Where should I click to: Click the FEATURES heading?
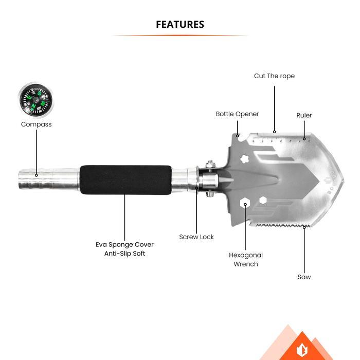coord(180,24)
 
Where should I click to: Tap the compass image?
coord(35,100)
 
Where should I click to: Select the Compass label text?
coord(37,124)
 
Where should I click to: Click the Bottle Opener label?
coord(238,114)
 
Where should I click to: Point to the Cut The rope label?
coord(274,76)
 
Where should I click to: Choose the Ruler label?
coord(304,115)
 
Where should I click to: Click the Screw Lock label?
coord(196,237)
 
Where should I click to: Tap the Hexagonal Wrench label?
coord(246,259)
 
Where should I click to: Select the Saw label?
coord(304,277)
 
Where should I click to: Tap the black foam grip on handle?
coord(125,180)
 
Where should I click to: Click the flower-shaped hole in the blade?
coord(244,158)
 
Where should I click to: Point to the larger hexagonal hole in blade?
coord(245,203)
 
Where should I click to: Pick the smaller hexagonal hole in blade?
coord(263,200)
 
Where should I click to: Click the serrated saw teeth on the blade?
coord(283,225)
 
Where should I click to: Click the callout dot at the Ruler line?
coord(304,139)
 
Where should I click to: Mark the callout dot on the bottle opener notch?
coord(238,136)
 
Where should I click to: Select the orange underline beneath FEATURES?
coord(180,35)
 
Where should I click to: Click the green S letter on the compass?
coord(40,93)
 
